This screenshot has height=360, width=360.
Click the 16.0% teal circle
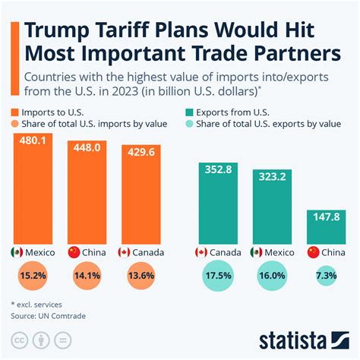point(273,276)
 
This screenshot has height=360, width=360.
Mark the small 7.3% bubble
point(327,276)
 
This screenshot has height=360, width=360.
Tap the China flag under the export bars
point(313,251)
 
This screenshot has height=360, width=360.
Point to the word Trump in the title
point(58,32)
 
